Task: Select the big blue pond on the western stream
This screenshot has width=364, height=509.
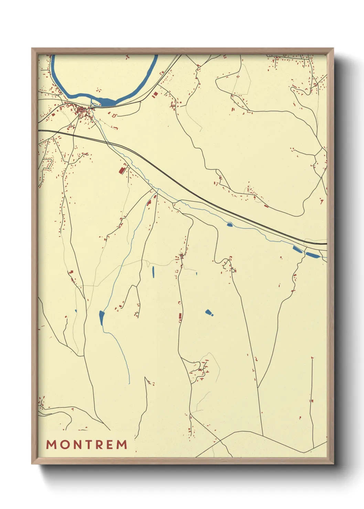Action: point(101,318)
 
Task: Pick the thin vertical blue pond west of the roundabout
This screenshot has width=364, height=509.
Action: point(153,272)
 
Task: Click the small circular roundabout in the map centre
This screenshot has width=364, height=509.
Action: point(181,256)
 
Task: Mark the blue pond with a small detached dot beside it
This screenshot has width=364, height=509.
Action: point(208,312)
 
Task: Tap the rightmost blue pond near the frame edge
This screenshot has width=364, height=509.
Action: point(313,255)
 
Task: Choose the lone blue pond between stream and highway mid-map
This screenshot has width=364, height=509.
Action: point(230,225)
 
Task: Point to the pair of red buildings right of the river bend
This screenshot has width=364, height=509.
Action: point(155,94)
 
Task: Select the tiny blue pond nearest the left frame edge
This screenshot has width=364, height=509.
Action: point(76,311)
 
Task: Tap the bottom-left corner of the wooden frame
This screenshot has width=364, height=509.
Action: point(33,463)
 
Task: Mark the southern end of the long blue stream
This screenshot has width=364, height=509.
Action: point(129,383)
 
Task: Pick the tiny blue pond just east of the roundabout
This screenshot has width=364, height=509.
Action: point(196,274)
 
